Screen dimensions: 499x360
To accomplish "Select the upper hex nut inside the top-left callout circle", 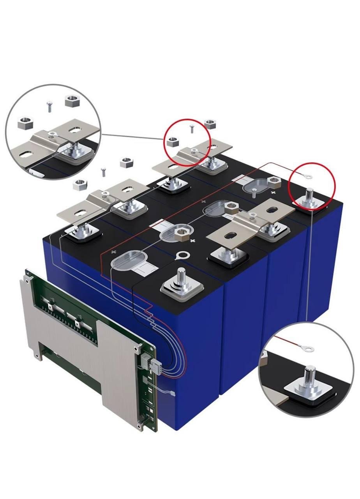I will (x=72, y=101).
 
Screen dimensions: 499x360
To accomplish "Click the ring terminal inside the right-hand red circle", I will (x=309, y=177).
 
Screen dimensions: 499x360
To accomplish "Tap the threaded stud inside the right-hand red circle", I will (x=310, y=195).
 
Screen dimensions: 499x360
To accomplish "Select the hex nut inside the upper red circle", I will (x=172, y=142).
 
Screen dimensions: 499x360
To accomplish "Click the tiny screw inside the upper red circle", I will (x=191, y=128).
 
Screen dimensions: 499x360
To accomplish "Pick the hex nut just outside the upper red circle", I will (x=210, y=124).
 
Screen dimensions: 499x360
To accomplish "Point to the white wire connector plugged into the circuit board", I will (x=155, y=366).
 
